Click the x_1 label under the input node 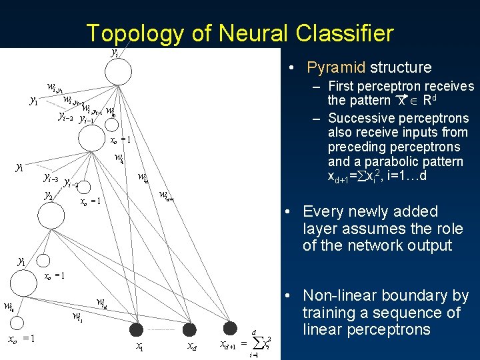(139, 347)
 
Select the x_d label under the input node (191, 347)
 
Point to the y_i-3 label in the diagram (51, 178)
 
